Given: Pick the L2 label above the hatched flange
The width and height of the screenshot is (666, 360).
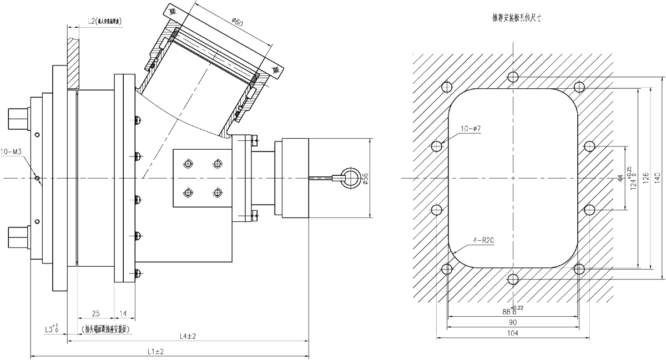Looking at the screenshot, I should (x=105, y=22).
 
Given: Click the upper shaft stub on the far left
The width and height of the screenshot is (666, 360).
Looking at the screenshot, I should (x=18, y=118).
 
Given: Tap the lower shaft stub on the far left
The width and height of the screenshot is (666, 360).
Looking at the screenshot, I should (x=18, y=237).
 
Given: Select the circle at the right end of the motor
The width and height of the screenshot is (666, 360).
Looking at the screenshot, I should (x=350, y=178).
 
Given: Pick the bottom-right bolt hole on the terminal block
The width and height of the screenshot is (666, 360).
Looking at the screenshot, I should (x=216, y=192).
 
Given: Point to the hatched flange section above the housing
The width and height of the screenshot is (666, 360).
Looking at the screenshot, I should (x=73, y=58).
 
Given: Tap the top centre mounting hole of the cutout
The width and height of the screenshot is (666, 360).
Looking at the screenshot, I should (x=514, y=76).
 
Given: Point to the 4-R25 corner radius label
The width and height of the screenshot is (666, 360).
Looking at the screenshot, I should (x=483, y=241).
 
